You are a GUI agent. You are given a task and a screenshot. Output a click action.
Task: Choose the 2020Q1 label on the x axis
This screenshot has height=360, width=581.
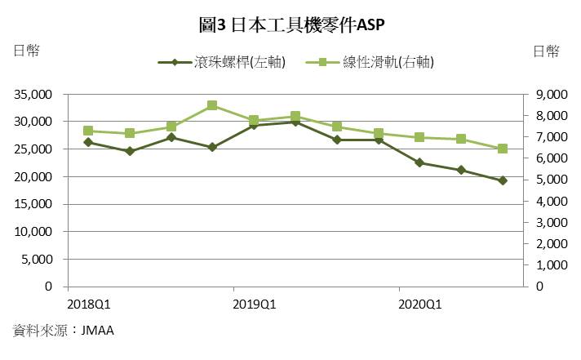tap(419, 304)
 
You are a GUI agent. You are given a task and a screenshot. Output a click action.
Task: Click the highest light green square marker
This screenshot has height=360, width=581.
tap(212, 105)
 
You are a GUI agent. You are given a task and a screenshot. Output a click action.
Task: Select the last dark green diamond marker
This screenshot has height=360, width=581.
tap(503, 180)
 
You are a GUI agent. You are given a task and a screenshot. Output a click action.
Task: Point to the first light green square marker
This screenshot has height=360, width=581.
tap(88, 131)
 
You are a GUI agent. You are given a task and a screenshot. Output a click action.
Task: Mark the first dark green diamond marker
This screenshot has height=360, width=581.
tap(88, 142)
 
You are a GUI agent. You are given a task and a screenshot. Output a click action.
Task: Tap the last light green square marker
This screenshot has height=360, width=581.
tap(503, 149)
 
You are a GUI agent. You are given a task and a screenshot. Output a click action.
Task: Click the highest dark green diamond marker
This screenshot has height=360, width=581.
tap(295, 122)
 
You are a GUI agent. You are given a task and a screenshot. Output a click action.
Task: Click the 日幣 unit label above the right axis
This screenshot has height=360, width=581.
tap(546, 51)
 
